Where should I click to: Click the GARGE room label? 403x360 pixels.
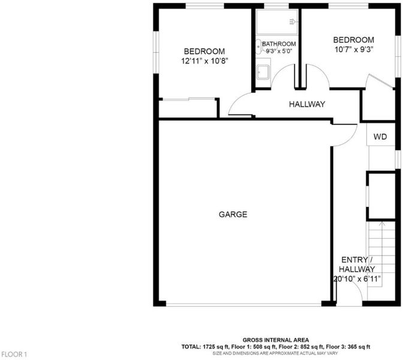pyautogui.click(x=233, y=214)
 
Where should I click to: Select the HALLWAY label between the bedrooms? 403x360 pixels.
pyautogui.click(x=307, y=104)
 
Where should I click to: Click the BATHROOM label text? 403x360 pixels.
pyautogui.click(x=279, y=44)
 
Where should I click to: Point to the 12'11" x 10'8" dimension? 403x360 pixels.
pyautogui.click(x=204, y=61)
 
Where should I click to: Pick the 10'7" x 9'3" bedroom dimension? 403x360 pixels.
pyautogui.click(x=354, y=49)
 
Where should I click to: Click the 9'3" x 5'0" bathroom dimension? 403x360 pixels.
pyautogui.click(x=279, y=51)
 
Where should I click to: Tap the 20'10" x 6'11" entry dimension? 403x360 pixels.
pyautogui.click(x=357, y=279)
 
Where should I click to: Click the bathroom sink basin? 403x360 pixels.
pyautogui.click(x=263, y=72)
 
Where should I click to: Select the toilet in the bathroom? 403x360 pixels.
pyautogui.click(x=258, y=47)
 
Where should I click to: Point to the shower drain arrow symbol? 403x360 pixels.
pyautogui.click(x=293, y=22)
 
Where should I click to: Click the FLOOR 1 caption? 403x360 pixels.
pyautogui.click(x=14, y=355)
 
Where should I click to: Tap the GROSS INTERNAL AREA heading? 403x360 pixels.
pyautogui.click(x=276, y=340)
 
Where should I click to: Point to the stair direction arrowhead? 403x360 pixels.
pyautogui.click(x=382, y=223)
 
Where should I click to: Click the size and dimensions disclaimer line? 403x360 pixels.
pyautogui.click(x=275, y=353)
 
